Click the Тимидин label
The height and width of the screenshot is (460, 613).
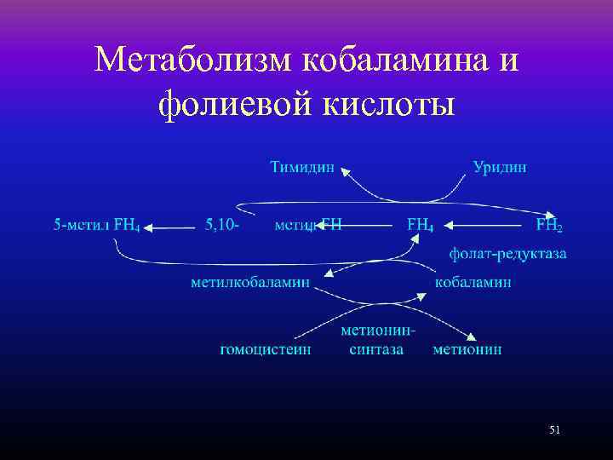(x=302, y=167)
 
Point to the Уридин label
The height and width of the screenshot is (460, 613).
(x=500, y=167)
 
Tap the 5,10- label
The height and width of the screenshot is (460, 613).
(x=222, y=226)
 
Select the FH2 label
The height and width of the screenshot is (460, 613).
(x=549, y=226)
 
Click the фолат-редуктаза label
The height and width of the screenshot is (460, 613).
(x=507, y=254)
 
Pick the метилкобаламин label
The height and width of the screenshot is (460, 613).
(x=249, y=282)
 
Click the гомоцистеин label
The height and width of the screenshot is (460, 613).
(x=265, y=348)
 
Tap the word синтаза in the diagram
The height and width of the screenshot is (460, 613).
(x=375, y=348)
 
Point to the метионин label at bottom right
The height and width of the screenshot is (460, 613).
(x=467, y=348)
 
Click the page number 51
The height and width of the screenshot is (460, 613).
(x=554, y=431)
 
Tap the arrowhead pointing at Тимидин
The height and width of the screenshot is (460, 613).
(x=346, y=172)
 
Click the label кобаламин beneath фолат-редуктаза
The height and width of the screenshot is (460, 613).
(x=473, y=282)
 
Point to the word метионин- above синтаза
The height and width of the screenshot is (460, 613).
(x=378, y=330)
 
